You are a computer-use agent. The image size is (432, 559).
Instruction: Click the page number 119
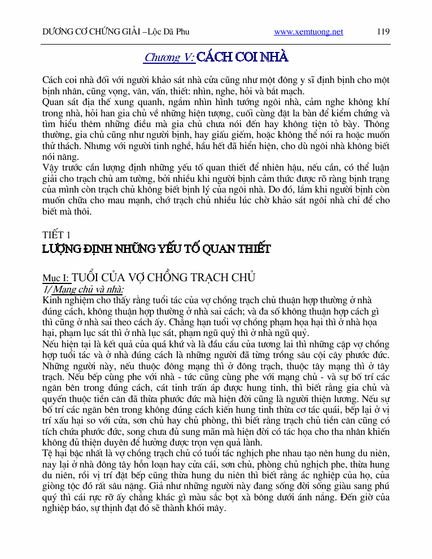(383, 32)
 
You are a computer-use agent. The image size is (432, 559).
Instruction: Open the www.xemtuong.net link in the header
(308, 32)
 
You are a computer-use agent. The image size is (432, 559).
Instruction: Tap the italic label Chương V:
(169, 57)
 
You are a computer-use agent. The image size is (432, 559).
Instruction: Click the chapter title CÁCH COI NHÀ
(243, 57)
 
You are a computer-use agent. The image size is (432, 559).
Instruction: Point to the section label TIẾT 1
(56, 234)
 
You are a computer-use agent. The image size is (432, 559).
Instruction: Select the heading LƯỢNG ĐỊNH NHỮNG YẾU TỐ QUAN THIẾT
(156, 248)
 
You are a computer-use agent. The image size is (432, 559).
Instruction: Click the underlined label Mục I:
(56, 278)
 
